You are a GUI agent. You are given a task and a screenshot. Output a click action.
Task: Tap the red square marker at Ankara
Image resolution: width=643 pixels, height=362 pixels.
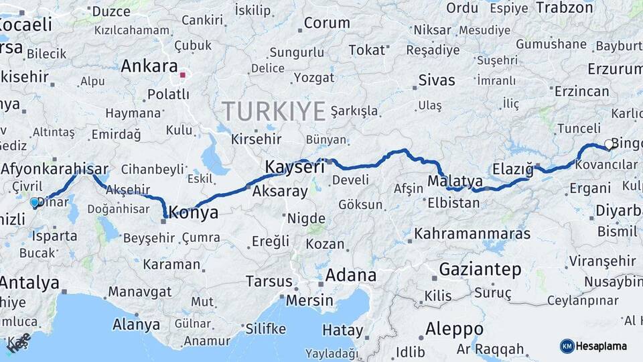click(182, 75)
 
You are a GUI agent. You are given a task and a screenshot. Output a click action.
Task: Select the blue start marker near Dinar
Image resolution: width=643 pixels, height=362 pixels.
click(35, 202)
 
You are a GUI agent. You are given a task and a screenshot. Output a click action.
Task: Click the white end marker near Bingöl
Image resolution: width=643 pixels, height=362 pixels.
click(608, 143)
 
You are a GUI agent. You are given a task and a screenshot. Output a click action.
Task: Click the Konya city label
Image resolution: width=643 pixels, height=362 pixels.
click(194, 213)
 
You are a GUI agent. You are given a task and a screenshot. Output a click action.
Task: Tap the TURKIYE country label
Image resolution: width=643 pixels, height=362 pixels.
click(273, 111)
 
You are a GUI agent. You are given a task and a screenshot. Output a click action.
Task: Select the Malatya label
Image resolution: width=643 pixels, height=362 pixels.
click(455, 182)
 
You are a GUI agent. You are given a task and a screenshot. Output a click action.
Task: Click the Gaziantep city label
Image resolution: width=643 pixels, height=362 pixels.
click(480, 270)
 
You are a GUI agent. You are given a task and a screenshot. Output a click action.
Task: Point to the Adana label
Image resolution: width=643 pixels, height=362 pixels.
click(350, 276)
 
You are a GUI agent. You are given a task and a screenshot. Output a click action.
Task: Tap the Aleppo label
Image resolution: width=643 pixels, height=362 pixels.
click(454, 329)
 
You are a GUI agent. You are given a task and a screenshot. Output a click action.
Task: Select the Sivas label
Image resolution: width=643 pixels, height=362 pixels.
click(437, 80)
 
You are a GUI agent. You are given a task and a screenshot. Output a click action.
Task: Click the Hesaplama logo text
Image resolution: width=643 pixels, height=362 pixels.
click(602, 346)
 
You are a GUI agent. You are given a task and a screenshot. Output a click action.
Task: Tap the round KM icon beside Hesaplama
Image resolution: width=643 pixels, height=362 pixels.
click(567, 346)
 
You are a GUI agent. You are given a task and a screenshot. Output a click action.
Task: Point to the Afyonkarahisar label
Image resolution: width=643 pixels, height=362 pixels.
click(55, 168)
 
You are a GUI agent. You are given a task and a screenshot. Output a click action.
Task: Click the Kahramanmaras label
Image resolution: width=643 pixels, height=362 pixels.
click(472, 234)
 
